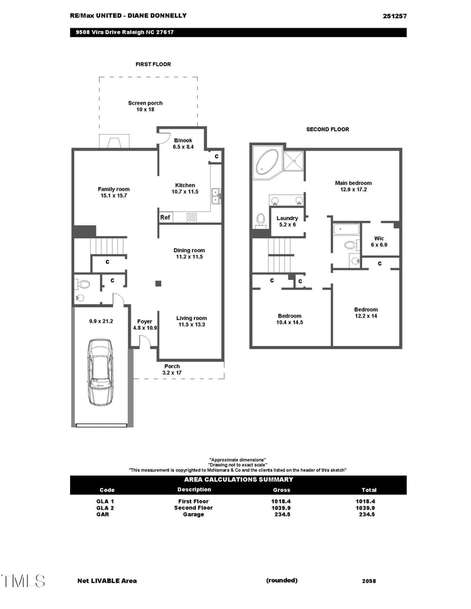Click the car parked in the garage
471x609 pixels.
click(x=100, y=372)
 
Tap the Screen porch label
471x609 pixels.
click(x=145, y=107)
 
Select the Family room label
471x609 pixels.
click(x=114, y=192)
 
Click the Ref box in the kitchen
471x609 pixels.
click(x=165, y=218)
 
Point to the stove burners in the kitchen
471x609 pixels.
click(x=192, y=218)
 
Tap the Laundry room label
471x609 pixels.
click(x=287, y=221)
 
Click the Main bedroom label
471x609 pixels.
click(x=354, y=187)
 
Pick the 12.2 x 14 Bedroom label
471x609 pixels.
click(x=366, y=313)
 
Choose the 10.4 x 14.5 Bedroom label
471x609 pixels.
click(x=290, y=319)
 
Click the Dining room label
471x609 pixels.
click(x=190, y=254)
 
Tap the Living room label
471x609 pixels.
click(x=191, y=321)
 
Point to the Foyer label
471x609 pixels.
click(x=145, y=325)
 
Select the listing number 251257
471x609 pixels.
click(x=394, y=16)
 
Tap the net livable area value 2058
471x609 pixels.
click(x=369, y=581)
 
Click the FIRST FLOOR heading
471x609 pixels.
click(x=153, y=64)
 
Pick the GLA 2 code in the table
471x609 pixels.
click(x=105, y=508)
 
